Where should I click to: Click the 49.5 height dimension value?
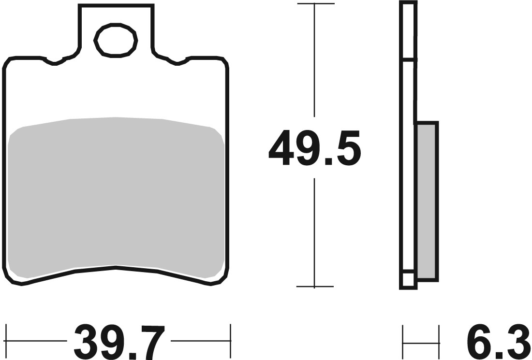[315, 148]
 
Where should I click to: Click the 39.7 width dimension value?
[119, 342]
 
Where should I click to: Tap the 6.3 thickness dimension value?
[498, 342]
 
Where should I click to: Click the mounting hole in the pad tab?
[115, 40]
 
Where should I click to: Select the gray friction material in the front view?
[116, 193]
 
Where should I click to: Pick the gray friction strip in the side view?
[427, 201]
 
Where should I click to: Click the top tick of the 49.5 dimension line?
[315, 4]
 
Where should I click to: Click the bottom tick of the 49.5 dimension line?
[315, 287]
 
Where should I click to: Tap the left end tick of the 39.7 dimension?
[7, 342]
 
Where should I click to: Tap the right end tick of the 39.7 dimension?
[231, 342]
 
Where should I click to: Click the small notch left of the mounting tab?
[54, 62]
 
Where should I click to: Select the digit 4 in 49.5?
[283, 148]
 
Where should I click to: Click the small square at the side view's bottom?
[408, 280]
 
